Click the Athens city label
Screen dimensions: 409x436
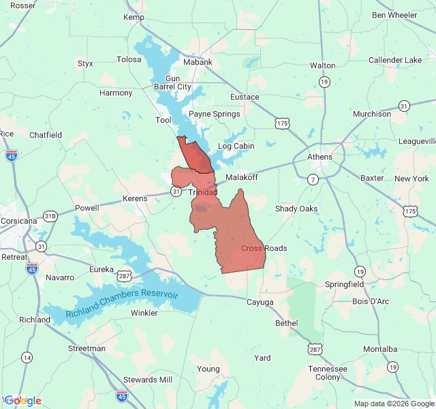[x=320, y=157]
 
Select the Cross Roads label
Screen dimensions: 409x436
[x=264, y=248]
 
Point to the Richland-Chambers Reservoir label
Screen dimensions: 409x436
[x=122, y=304]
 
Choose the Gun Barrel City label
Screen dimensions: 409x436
[x=172, y=82]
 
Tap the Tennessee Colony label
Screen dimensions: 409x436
[x=327, y=373]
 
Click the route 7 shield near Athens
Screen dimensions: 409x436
[x=312, y=179]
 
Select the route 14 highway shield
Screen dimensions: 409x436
[x=27, y=357]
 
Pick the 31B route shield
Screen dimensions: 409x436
[x=50, y=216]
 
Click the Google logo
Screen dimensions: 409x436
[x=22, y=400]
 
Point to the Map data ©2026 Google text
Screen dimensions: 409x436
[x=393, y=404]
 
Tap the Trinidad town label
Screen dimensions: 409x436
[x=203, y=193]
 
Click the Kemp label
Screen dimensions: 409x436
[x=134, y=16]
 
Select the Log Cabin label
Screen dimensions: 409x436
[x=236, y=146]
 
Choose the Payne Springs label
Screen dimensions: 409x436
[x=214, y=114]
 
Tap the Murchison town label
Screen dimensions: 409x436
[x=372, y=114]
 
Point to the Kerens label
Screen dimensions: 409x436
[x=135, y=198]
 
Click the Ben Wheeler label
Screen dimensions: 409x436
[x=394, y=15]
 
